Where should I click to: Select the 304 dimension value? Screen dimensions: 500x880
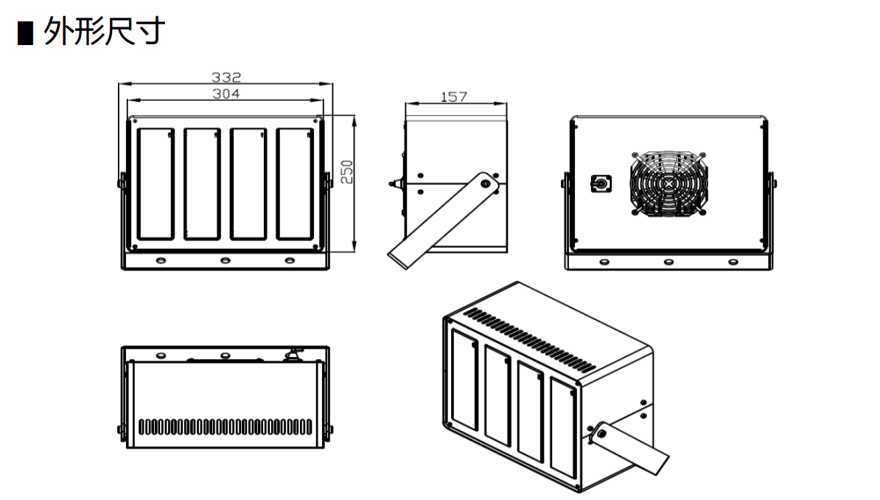[x=226, y=94]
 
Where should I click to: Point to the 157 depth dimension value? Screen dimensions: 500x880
[x=453, y=97]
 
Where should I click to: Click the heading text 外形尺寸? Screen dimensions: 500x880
[x=103, y=32]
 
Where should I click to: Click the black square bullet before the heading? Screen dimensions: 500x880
[x=25, y=33]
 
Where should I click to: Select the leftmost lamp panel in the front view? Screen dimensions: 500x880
[x=156, y=184]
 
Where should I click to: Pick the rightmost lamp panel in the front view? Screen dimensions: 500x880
[x=295, y=184]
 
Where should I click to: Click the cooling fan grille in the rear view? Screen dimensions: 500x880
[x=668, y=184]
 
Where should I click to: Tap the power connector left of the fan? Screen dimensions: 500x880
[x=601, y=184]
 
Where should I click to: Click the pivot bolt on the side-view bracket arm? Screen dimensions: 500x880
[x=486, y=183]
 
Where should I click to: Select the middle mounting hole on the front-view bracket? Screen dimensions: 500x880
[x=225, y=260]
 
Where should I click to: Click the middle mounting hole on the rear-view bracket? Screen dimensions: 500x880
[x=668, y=261]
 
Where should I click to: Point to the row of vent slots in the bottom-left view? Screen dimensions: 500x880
[x=225, y=426]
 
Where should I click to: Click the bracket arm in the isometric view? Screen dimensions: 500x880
[x=633, y=449]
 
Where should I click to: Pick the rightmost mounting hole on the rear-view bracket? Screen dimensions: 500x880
[x=733, y=261]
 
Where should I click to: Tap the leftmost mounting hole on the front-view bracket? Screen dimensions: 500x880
[x=161, y=260]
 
